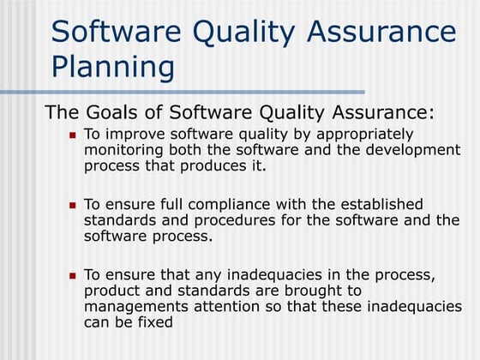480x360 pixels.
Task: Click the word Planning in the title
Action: [x=113, y=65]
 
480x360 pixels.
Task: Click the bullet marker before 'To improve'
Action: [x=73, y=135]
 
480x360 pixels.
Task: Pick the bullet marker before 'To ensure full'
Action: [x=73, y=206]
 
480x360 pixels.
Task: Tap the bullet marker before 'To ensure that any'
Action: [x=73, y=276]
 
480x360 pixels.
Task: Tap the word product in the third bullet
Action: [x=111, y=291]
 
